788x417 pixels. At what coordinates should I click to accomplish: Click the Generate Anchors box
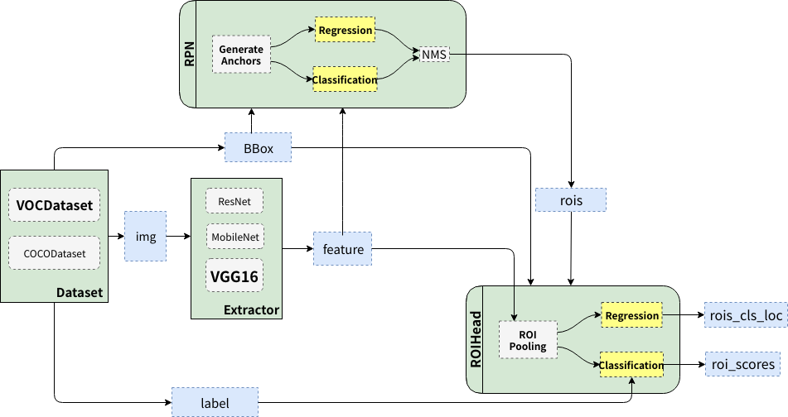click(241, 55)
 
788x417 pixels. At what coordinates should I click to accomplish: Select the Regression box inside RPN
click(345, 31)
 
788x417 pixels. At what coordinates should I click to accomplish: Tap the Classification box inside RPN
click(345, 79)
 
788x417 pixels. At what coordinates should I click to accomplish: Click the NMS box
click(433, 55)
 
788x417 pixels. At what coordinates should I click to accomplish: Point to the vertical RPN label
click(188, 54)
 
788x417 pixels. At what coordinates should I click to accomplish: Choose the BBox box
click(258, 148)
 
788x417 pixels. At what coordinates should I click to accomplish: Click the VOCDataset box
click(54, 205)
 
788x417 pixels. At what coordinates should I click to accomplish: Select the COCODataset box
click(54, 253)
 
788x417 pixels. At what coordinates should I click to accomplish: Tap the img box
click(145, 237)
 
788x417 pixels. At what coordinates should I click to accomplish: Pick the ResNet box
click(234, 201)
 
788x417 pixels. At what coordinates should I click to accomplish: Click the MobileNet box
click(234, 237)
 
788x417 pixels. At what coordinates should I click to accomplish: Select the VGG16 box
click(234, 276)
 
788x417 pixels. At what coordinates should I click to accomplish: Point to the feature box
click(342, 248)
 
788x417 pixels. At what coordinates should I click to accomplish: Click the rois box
click(570, 200)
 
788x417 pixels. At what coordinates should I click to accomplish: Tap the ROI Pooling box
click(528, 340)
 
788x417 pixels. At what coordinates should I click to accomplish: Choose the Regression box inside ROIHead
click(631, 315)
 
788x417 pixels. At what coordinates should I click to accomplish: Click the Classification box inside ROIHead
click(631, 365)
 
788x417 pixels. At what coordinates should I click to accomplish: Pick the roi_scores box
click(742, 364)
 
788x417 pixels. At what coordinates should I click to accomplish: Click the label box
click(214, 403)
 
